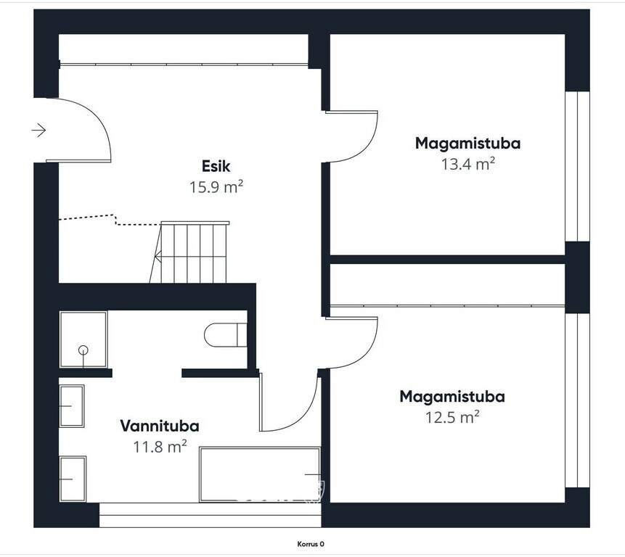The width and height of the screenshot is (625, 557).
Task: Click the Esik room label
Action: tap(216, 166)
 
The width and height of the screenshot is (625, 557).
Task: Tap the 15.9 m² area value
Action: tap(216, 186)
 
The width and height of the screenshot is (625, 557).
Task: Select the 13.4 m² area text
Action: tap(468, 164)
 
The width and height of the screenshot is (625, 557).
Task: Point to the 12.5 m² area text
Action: tap(452, 417)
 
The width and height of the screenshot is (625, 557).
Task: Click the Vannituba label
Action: tap(160, 426)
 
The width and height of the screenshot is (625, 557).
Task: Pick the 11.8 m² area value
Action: tap(160, 447)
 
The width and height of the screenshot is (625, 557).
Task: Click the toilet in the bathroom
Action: tap(225, 335)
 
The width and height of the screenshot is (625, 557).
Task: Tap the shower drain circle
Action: tap(83, 350)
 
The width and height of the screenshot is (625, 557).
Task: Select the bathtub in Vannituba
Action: tap(260, 474)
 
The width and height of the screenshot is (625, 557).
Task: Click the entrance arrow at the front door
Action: tap(38, 130)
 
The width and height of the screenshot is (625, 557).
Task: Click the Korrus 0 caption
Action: tap(311, 544)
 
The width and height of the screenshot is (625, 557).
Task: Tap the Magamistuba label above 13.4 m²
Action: tap(468, 144)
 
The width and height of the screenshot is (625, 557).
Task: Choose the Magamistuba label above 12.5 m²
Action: tap(452, 397)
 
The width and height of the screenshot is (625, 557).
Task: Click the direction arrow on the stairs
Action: tap(158, 257)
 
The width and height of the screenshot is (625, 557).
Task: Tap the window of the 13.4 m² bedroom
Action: tap(578, 166)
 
